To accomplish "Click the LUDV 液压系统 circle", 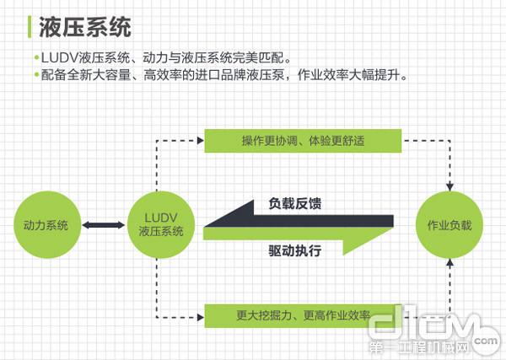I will pos(156,225).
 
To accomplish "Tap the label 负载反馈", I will pos(294,203).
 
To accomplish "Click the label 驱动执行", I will pos(294,250).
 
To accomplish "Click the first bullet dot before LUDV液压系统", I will pos(36,59).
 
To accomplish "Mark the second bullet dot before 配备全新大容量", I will pos(36,76).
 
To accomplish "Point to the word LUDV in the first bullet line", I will pos(57,59).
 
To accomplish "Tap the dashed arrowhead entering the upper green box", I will pos(200,139).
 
